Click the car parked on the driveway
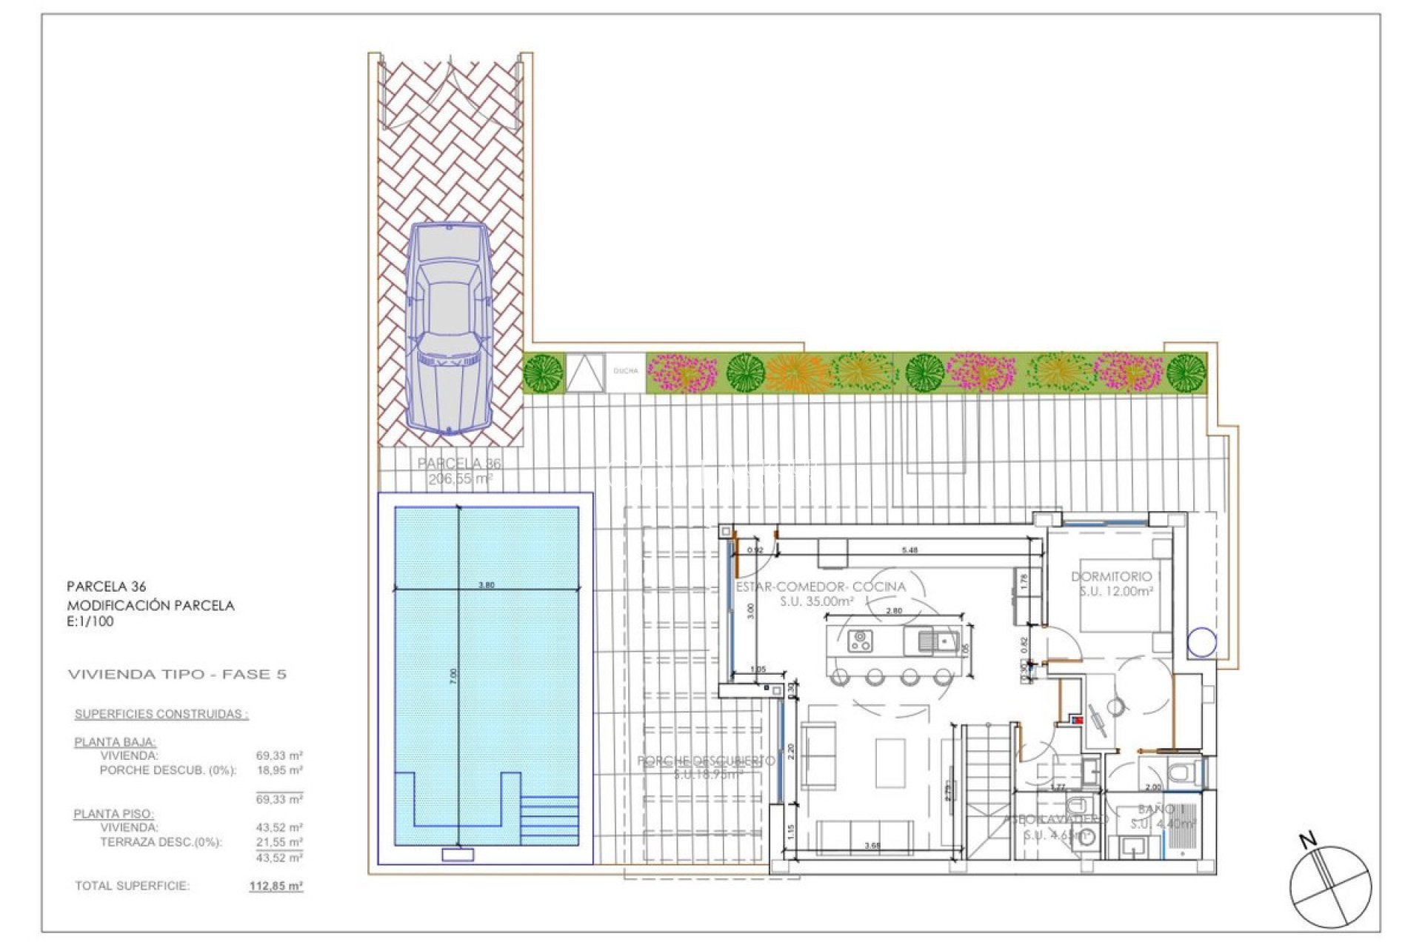(x=449, y=329)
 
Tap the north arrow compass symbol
(x=1330, y=886)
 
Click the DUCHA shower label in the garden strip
(x=626, y=371)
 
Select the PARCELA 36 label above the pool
(x=459, y=464)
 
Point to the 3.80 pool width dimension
(x=486, y=585)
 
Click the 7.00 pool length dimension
(x=453, y=675)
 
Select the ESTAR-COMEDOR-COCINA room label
(x=821, y=587)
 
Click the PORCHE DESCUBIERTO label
(x=706, y=761)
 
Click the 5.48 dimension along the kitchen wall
(x=909, y=550)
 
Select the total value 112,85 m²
(x=276, y=886)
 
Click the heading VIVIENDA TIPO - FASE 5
(x=177, y=675)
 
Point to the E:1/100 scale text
(x=90, y=622)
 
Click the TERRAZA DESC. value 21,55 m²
(x=279, y=842)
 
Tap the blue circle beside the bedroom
(x=1201, y=642)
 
